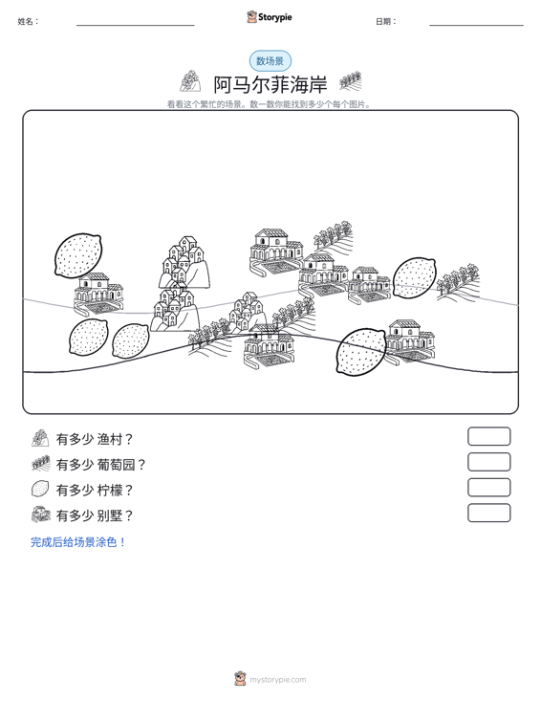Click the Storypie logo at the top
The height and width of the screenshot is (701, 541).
click(270, 17)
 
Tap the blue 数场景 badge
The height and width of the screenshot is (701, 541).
click(270, 61)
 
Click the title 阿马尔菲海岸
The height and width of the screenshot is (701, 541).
click(270, 84)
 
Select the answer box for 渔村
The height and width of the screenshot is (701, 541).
click(488, 436)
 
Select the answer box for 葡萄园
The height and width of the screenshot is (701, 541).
click(488, 462)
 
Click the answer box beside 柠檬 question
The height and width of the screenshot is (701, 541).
click(488, 488)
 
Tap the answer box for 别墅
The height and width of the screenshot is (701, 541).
click(488, 513)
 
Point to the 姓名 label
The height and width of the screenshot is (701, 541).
click(28, 21)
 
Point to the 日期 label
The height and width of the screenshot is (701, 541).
click(386, 21)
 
